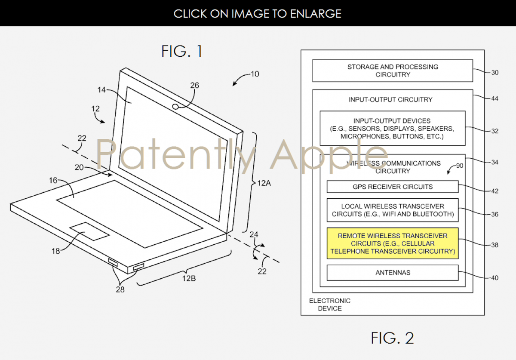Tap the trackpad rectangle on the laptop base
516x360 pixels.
pyautogui.click(x=90, y=232)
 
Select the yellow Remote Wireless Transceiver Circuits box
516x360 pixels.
pyautogui.click(x=393, y=243)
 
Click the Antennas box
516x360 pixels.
pyautogui.click(x=393, y=273)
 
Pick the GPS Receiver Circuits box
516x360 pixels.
pyautogui.click(x=393, y=187)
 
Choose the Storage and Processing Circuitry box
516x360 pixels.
pyautogui.click(x=393, y=71)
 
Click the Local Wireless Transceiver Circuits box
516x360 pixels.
pyautogui.click(x=393, y=210)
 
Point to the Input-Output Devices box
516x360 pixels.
pyautogui.click(x=393, y=128)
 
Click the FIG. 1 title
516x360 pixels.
pyautogui.click(x=182, y=51)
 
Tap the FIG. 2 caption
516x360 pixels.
pyautogui.click(x=392, y=338)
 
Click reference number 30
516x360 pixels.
pyautogui.click(x=494, y=73)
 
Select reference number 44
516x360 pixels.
pyautogui.click(x=494, y=98)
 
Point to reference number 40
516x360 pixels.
pyautogui.click(x=494, y=278)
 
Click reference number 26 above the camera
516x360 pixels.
pyautogui.click(x=194, y=86)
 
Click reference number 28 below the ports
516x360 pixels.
pyautogui.click(x=120, y=289)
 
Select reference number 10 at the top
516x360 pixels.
pyautogui.click(x=255, y=74)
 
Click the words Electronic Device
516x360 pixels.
pyautogui.click(x=330, y=305)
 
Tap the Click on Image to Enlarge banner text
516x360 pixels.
pyautogui.click(x=258, y=13)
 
